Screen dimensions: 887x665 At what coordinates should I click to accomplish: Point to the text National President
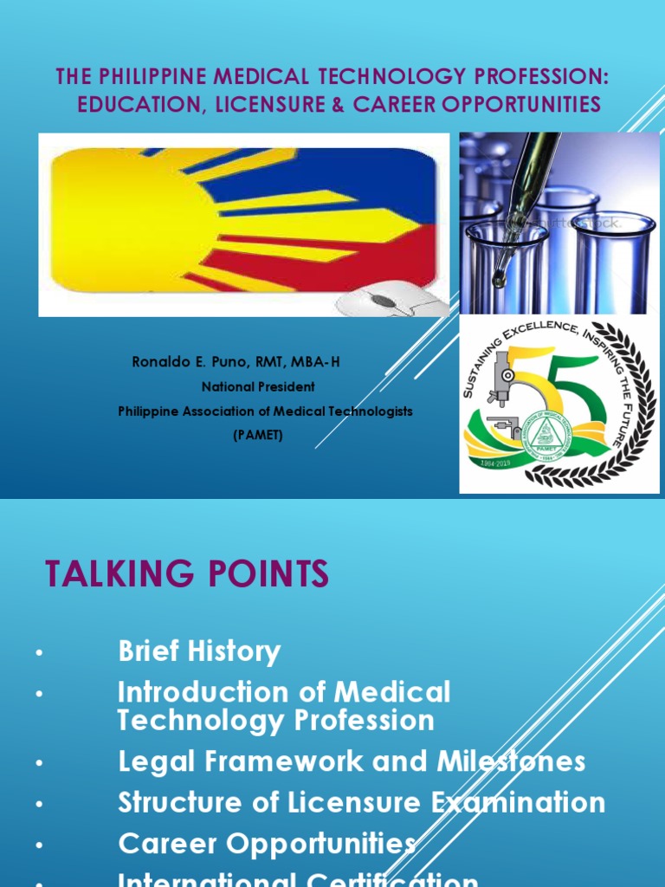(258, 386)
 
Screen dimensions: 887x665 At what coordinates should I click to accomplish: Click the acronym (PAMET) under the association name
(258, 435)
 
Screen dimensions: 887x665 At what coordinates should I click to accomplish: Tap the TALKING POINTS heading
(186, 574)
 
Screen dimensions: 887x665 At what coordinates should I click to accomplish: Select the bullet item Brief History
(199, 651)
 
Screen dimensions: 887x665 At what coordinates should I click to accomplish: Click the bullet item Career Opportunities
(267, 843)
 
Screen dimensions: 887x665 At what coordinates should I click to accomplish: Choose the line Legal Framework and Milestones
(352, 761)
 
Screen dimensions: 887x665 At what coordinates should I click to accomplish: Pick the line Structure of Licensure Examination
(361, 802)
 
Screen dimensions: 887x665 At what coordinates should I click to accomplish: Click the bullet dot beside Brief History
(39, 653)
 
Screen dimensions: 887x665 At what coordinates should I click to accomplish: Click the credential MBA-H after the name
(319, 362)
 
